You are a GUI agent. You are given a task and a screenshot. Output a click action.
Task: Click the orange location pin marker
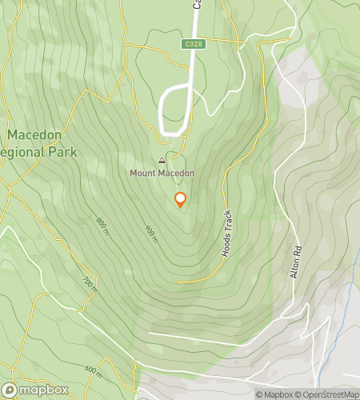pyautogui.click(x=180, y=200)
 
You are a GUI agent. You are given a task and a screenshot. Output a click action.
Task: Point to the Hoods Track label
pyautogui.click(x=227, y=233)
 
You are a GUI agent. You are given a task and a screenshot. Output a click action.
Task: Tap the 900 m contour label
pyautogui.click(x=150, y=233)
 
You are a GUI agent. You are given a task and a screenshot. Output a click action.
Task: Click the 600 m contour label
pyautogui.click(x=92, y=370)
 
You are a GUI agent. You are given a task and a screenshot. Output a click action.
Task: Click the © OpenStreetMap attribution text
pyautogui.click(x=329, y=394)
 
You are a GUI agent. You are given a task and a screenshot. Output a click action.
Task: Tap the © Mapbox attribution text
pyautogui.click(x=274, y=394)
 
